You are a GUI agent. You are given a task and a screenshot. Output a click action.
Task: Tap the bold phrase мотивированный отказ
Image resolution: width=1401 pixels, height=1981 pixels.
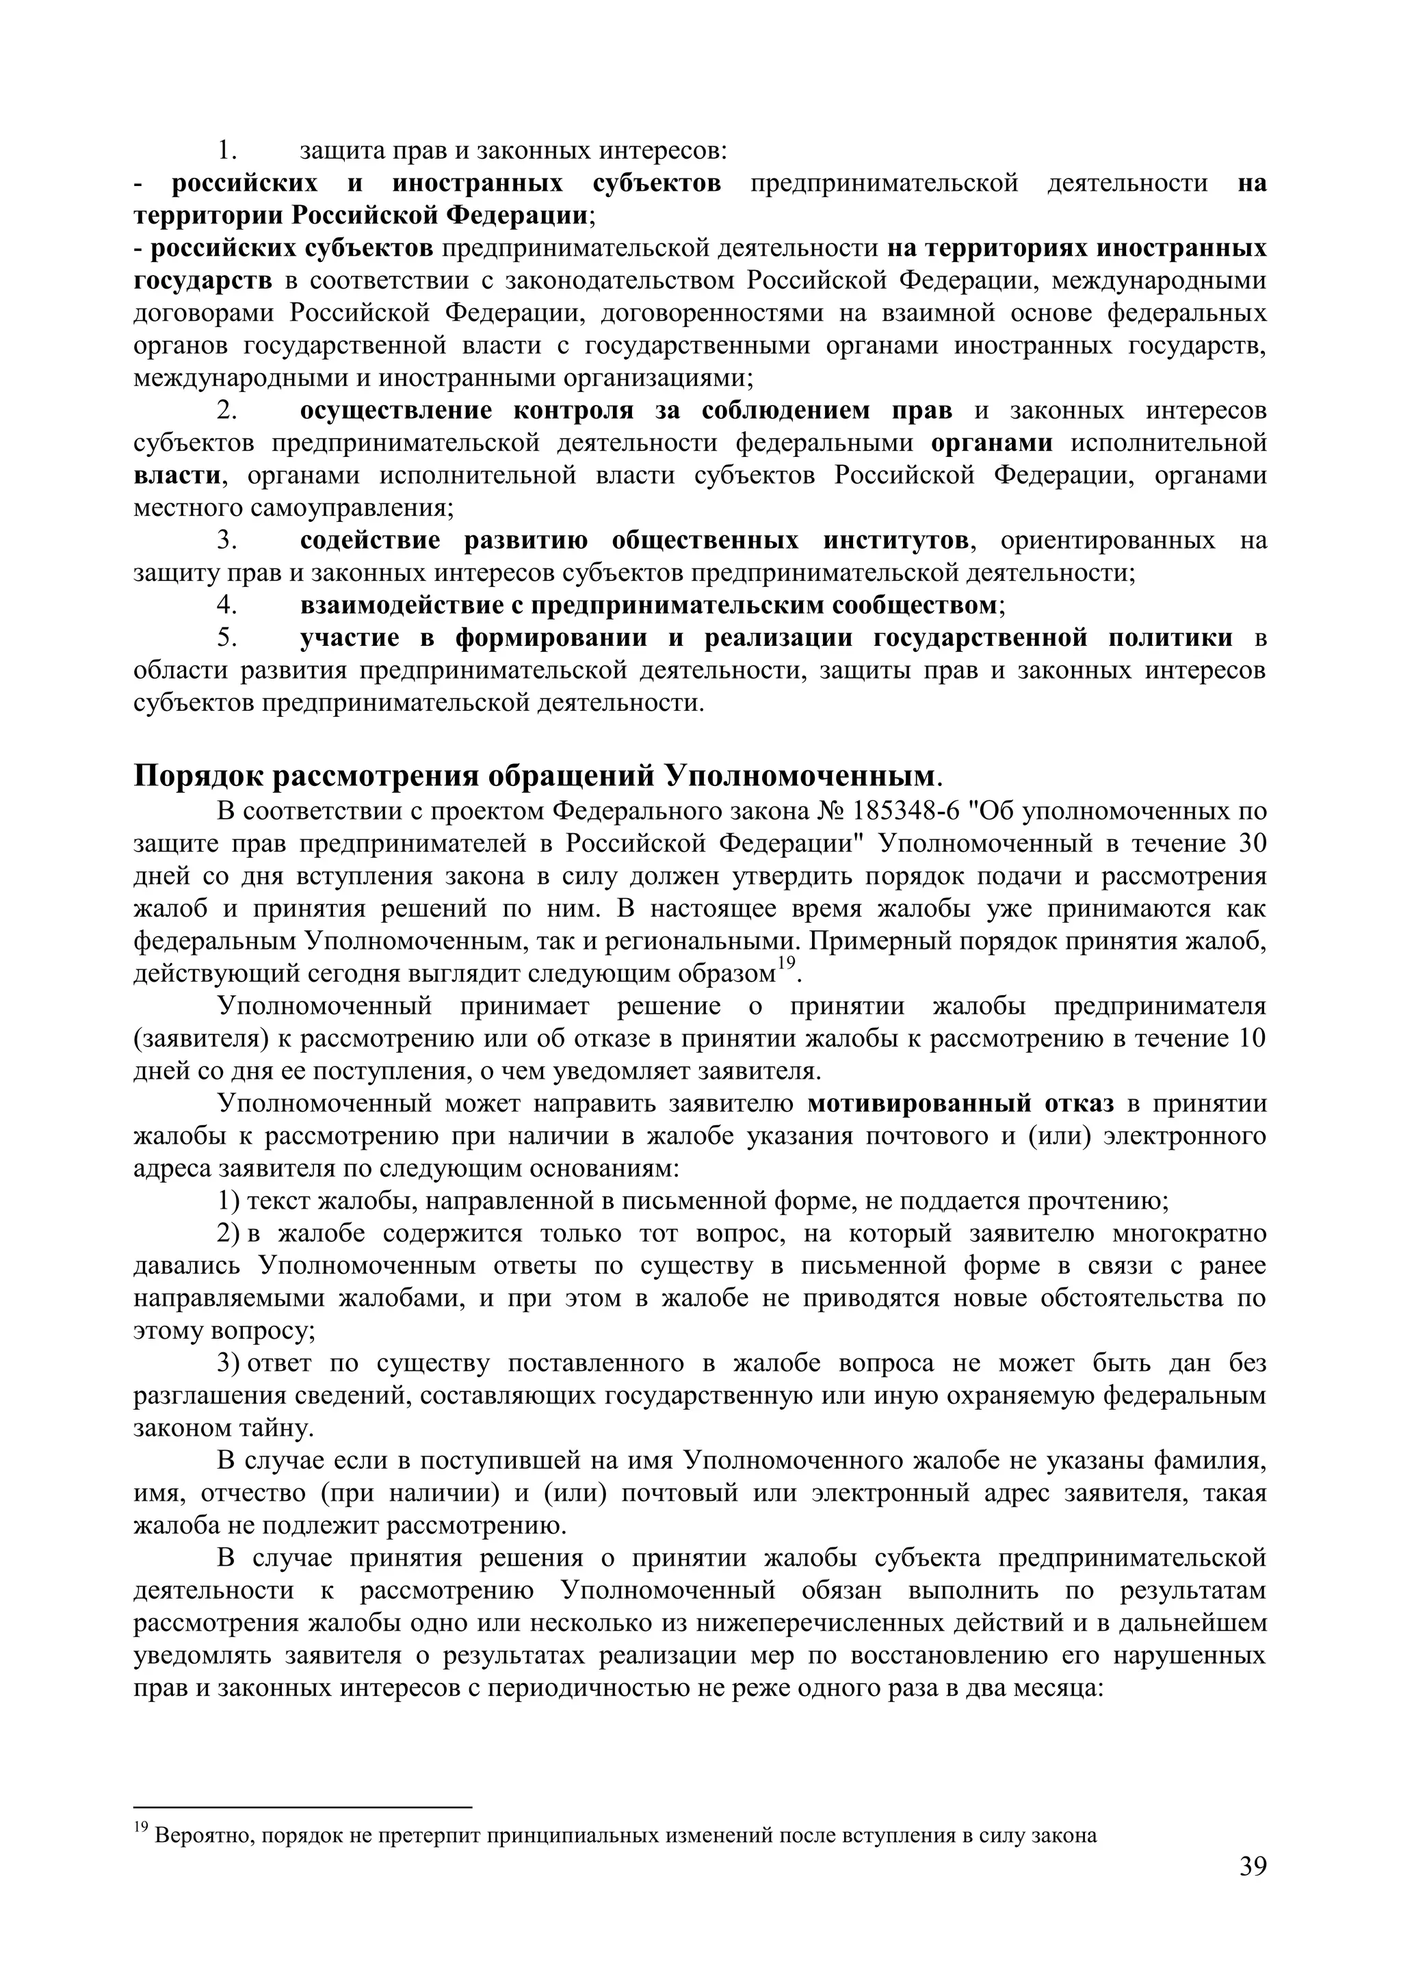(x=961, y=1103)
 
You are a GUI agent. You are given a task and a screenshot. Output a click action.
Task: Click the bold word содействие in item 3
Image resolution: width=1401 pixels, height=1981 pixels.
(x=370, y=541)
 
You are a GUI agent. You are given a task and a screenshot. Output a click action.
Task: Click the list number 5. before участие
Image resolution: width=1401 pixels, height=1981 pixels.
(x=226, y=638)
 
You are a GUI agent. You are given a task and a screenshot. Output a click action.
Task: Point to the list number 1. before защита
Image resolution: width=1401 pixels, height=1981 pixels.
(x=226, y=151)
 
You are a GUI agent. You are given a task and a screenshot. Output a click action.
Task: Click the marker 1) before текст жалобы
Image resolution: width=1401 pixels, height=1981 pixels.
(x=228, y=1201)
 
